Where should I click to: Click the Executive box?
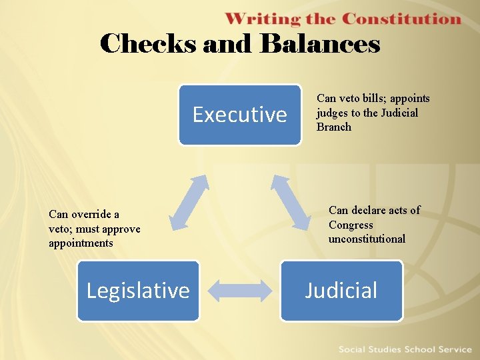click(x=239, y=115)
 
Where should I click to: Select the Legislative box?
click(x=138, y=291)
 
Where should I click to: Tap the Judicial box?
click(x=341, y=291)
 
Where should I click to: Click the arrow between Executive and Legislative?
click(x=188, y=203)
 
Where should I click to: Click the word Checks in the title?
click(x=147, y=44)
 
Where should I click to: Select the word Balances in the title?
click(x=320, y=44)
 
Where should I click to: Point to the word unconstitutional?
click(x=367, y=239)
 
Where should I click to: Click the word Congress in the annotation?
click(x=351, y=225)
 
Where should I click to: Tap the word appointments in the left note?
click(x=81, y=243)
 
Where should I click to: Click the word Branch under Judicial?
click(x=334, y=127)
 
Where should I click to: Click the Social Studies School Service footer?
click(x=405, y=349)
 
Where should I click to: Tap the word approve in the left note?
click(x=119, y=229)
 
